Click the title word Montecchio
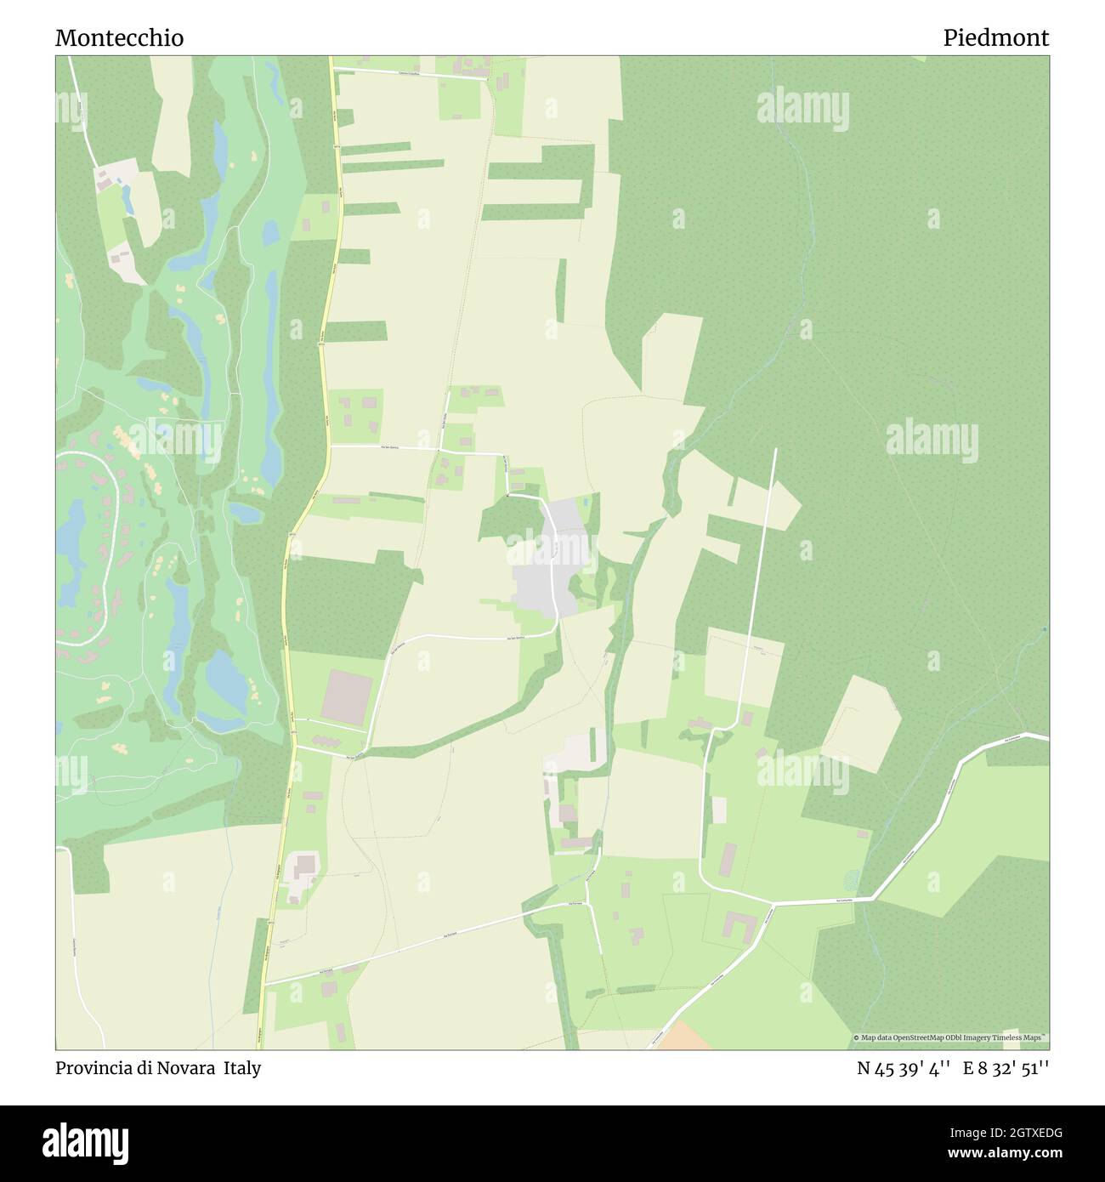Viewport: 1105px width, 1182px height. click(119, 38)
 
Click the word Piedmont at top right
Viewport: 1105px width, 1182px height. click(995, 38)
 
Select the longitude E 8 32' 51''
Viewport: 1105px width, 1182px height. click(1006, 1069)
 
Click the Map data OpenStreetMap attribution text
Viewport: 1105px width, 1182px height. click(950, 1038)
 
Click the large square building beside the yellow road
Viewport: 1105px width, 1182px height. click(344, 694)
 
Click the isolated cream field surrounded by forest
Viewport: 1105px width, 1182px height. click(862, 723)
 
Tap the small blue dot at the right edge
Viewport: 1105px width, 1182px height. click(1045, 629)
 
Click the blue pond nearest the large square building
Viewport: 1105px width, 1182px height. click(224, 676)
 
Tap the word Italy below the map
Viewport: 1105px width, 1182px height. click(242, 1068)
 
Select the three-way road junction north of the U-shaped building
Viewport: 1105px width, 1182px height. click(772, 902)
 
